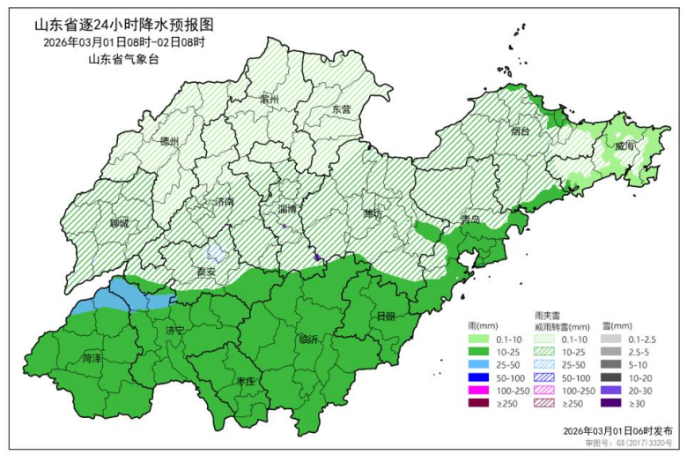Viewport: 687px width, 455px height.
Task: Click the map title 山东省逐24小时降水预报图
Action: [x=124, y=25]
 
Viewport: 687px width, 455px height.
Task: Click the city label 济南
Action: [x=225, y=202]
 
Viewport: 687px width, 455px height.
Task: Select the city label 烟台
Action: [x=521, y=131]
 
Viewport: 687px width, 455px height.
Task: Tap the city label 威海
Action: [x=624, y=145]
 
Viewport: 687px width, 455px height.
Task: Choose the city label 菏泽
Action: [x=92, y=360]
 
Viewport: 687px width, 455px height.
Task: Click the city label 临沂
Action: [x=309, y=339]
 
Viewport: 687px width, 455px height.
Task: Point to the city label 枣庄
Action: [x=246, y=381]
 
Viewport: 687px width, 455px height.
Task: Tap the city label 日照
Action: [x=386, y=316]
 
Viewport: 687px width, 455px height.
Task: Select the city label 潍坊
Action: [x=373, y=213]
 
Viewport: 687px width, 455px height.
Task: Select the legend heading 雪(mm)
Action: [x=616, y=325]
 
